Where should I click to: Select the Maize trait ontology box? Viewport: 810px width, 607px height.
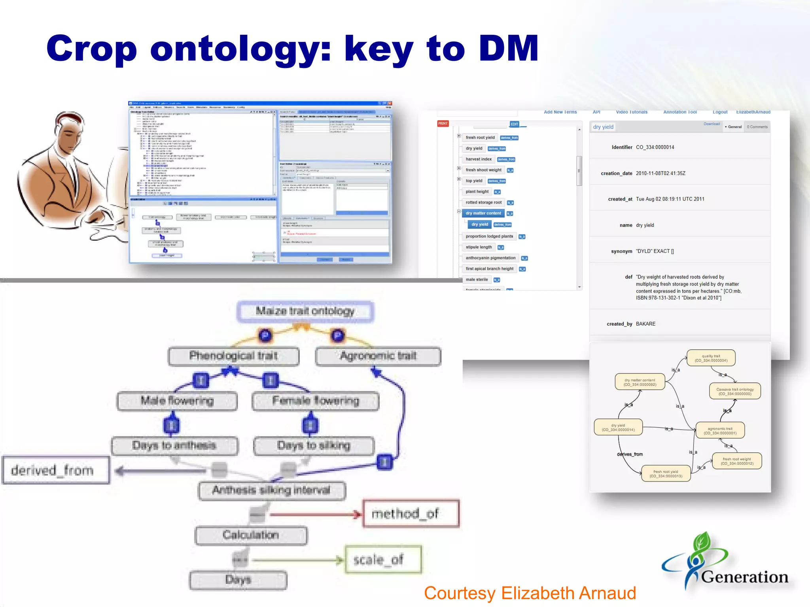(305, 311)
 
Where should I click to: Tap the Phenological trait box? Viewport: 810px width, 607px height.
(233, 356)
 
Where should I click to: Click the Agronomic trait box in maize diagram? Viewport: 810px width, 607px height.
(378, 356)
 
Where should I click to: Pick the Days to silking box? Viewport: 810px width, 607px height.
(314, 446)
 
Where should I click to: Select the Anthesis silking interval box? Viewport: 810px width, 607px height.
(271, 490)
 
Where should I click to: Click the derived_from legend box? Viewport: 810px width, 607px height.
(56, 470)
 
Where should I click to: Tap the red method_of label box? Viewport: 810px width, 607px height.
(411, 514)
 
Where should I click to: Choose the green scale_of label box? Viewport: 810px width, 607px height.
(383, 560)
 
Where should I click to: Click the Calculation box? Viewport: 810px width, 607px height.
(251, 535)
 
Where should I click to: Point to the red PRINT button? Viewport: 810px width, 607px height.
(443, 124)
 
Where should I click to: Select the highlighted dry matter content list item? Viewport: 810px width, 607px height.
(483, 213)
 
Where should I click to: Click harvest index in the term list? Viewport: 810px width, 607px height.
(479, 159)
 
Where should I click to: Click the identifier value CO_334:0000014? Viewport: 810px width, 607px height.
(655, 147)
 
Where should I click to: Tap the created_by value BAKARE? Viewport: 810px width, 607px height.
(645, 324)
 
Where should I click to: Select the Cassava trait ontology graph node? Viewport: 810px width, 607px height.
(735, 391)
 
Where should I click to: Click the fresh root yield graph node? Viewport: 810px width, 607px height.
(666, 473)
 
